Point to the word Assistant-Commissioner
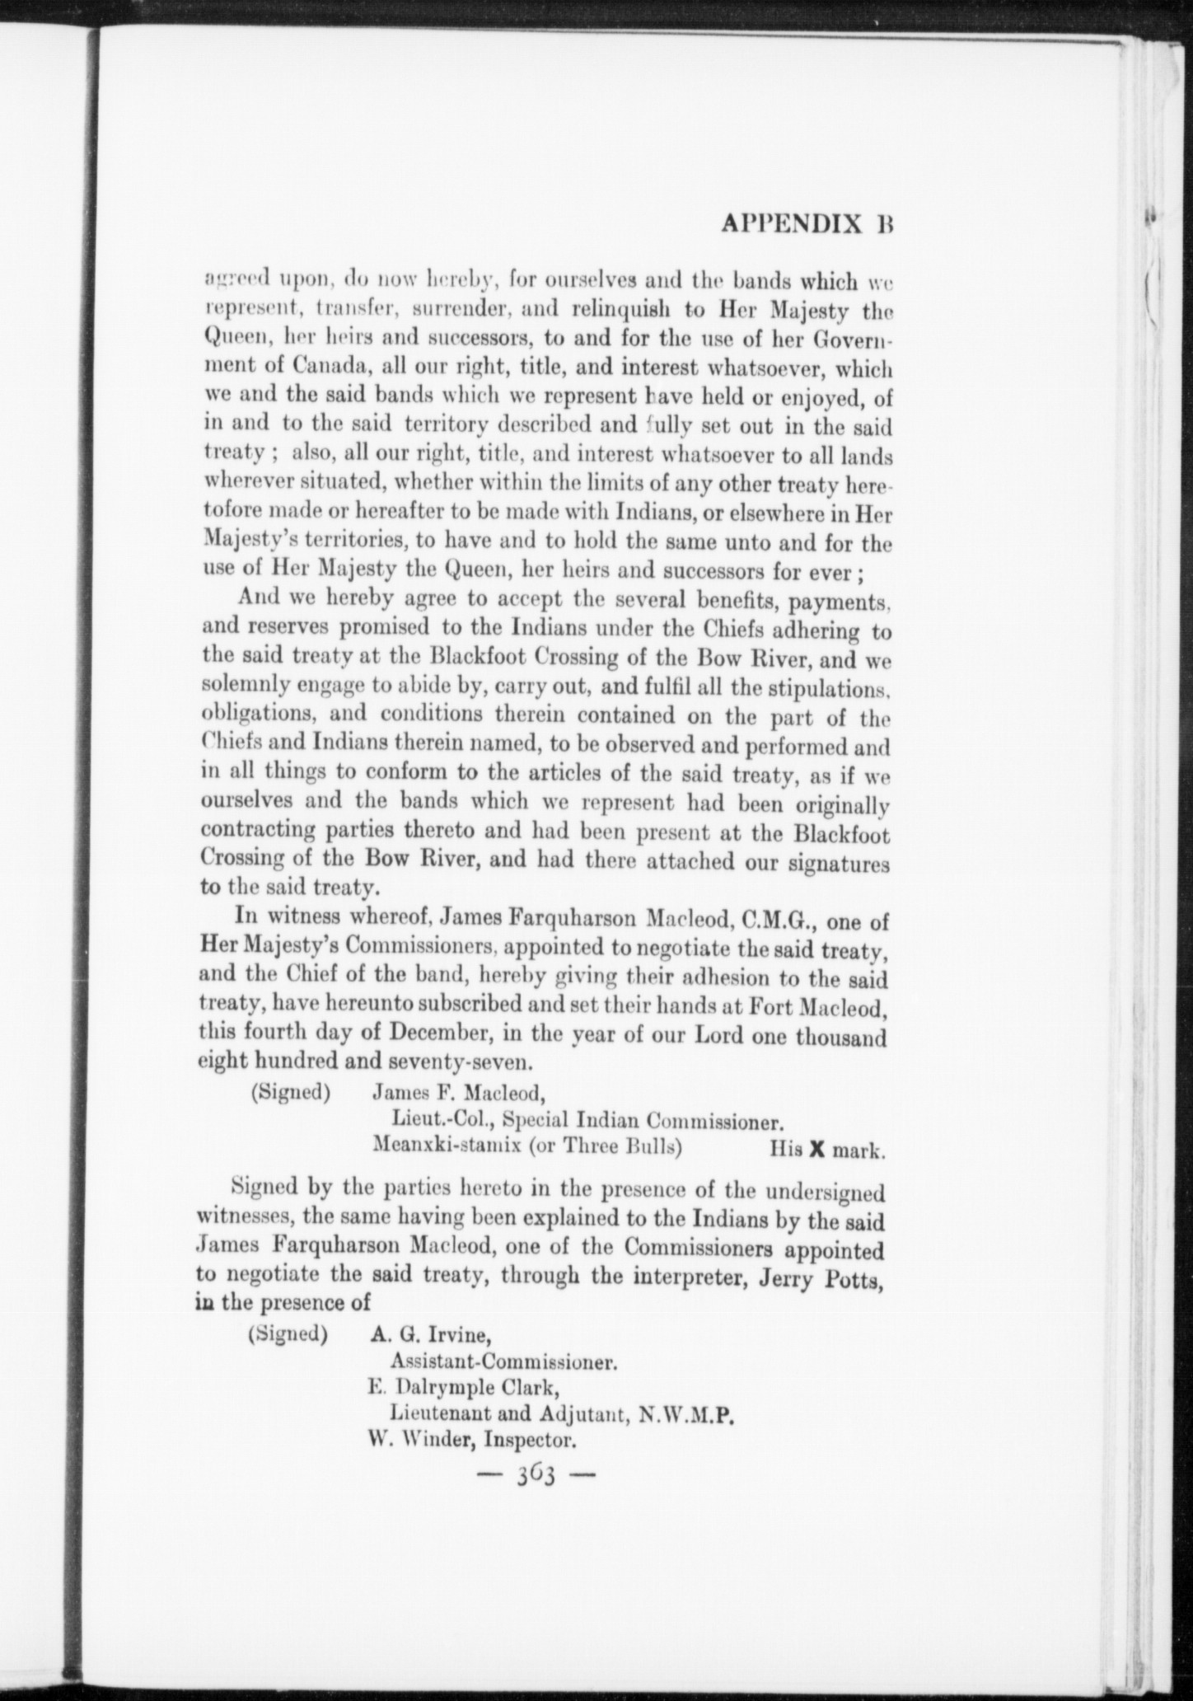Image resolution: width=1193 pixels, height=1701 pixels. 503,1361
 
